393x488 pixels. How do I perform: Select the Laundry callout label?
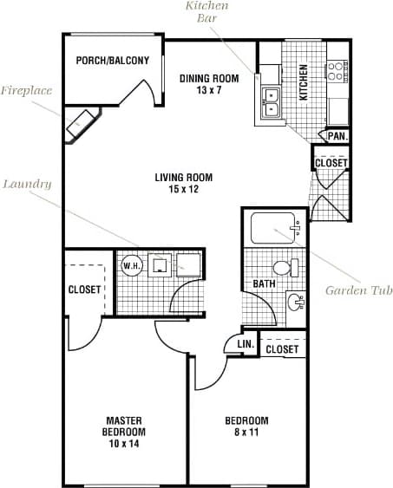point(26,184)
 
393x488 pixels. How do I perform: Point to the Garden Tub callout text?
point(358,290)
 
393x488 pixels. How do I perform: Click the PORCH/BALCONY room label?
point(112,61)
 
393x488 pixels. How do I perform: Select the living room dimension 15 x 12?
point(183,189)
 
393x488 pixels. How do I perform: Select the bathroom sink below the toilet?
point(296,303)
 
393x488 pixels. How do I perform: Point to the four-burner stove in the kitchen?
point(337,71)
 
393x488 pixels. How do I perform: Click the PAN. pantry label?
point(337,135)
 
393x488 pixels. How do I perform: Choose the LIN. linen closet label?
point(246,345)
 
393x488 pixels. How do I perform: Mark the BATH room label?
point(264,283)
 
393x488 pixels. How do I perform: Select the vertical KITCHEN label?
point(304,82)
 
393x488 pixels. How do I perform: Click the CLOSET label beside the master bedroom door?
point(85,290)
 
